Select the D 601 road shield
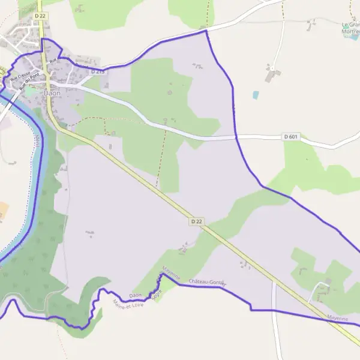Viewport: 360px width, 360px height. point(290,137)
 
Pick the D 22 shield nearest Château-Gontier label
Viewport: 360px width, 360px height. point(197,221)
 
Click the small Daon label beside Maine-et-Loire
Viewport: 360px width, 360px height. point(135,295)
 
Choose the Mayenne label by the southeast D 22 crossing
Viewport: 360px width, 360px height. point(338,318)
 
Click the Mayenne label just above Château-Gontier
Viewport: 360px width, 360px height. point(170,273)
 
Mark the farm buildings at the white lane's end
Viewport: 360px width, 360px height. point(272,76)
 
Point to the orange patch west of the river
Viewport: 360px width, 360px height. point(4,211)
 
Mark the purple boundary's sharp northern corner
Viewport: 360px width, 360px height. point(206,30)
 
